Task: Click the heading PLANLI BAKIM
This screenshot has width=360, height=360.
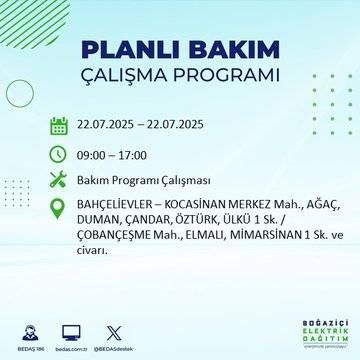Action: coord(179,50)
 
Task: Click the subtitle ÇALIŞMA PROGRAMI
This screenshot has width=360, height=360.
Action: coord(180,76)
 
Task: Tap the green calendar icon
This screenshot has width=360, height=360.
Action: coord(59,125)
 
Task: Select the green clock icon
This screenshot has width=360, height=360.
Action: coord(59,154)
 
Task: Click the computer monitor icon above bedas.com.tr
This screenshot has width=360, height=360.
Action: coord(71,328)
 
